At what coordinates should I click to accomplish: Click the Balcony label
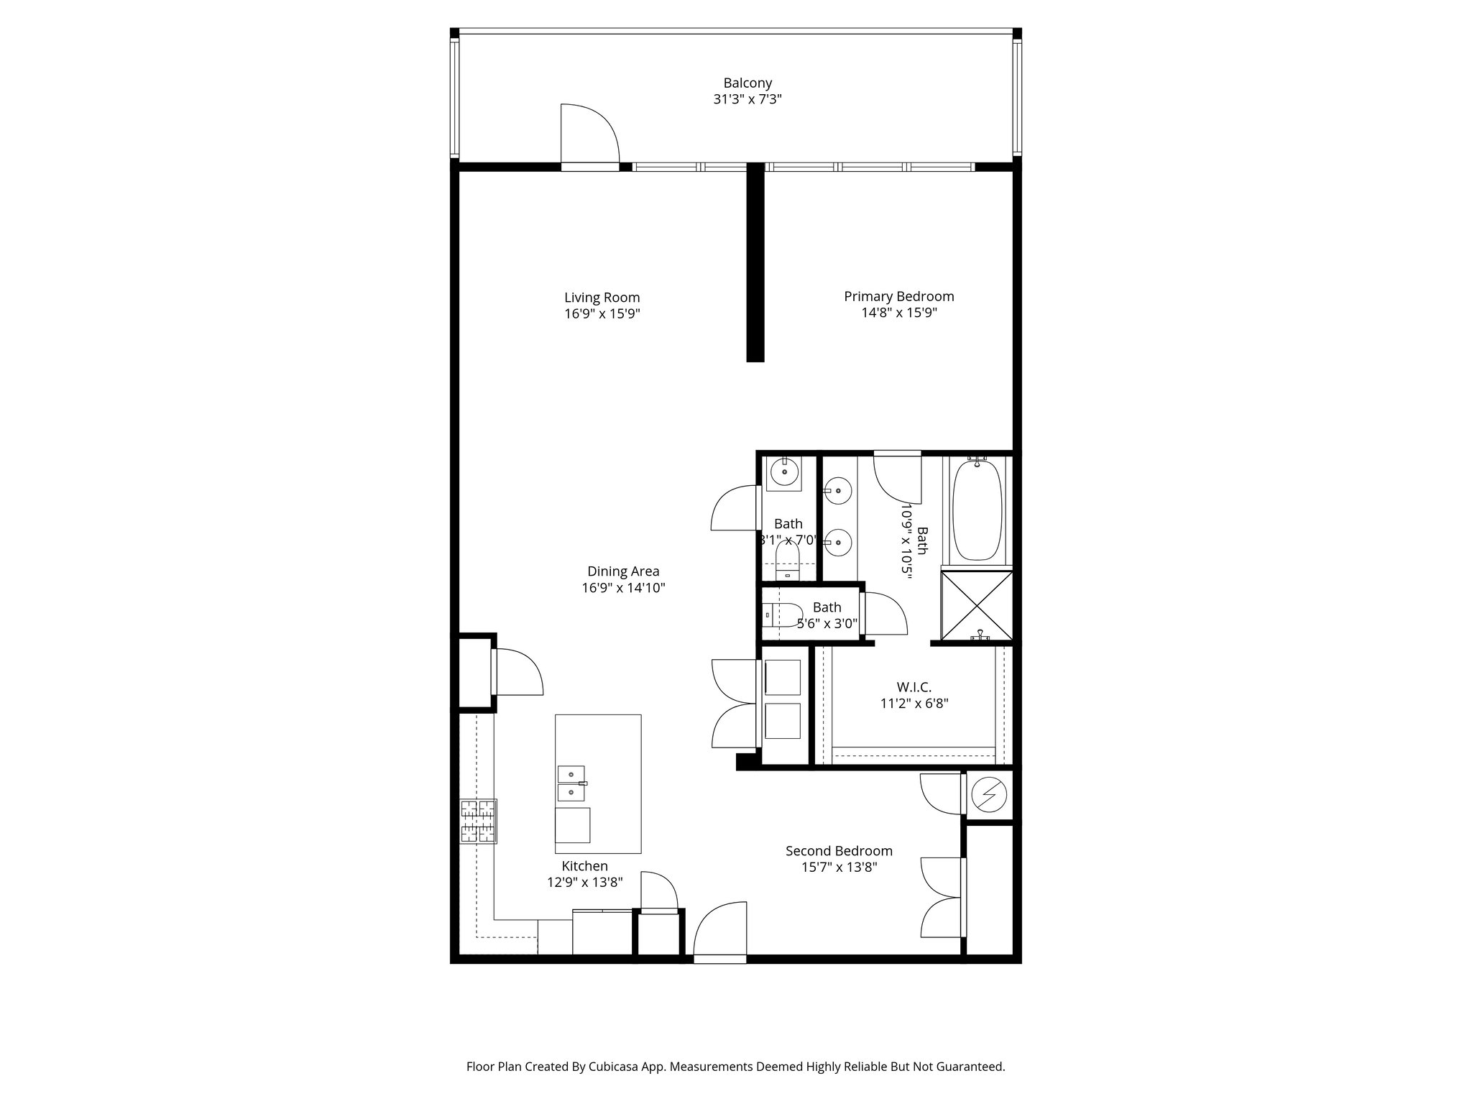pyautogui.click(x=747, y=83)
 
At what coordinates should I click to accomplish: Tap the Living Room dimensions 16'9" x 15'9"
pyautogui.click(x=602, y=314)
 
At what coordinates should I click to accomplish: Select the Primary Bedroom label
pyautogui.click(x=898, y=296)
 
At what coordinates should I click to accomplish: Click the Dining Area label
pyautogui.click(x=623, y=571)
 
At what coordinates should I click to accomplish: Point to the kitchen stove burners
pyautogui.click(x=479, y=821)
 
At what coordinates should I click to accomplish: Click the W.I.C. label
pyautogui.click(x=914, y=688)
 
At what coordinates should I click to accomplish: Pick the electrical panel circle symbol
pyautogui.click(x=989, y=794)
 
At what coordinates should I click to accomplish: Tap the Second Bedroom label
pyautogui.click(x=839, y=851)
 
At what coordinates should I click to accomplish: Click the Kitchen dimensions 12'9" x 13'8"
pyautogui.click(x=584, y=882)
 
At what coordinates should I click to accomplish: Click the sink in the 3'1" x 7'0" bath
pyautogui.click(x=783, y=473)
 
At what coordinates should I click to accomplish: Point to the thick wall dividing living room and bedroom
pyautogui.click(x=755, y=262)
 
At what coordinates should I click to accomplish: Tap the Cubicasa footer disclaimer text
pyautogui.click(x=735, y=1067)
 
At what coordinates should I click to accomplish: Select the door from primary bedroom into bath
pyautogui.click(x=898, y=477)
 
